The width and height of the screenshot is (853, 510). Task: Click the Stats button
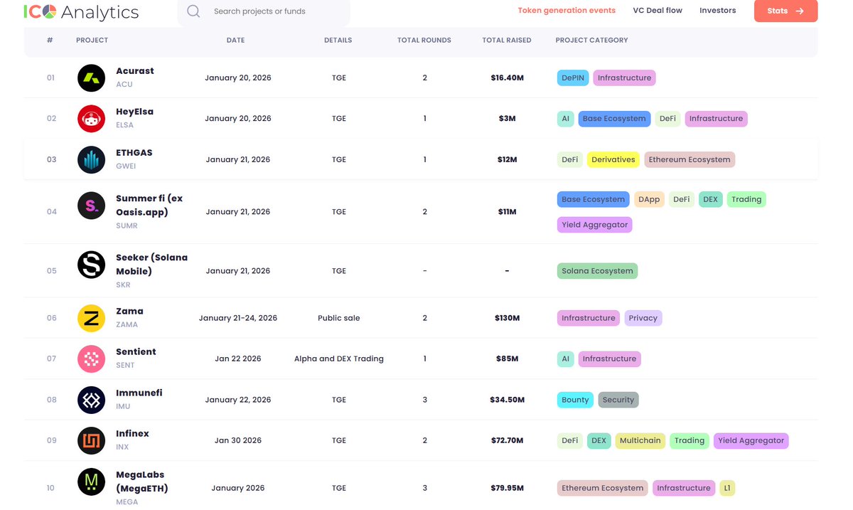click(x=785, y=11)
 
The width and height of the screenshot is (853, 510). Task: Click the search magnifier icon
click(x=193, y=11)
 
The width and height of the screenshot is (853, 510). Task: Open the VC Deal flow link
click(x=658, y=11)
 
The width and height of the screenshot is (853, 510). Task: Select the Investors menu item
click(x=717, y=11)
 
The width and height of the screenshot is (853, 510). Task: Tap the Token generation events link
click(x=567, y=11)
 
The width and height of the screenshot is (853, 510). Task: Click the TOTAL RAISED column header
click(x=506, y=40)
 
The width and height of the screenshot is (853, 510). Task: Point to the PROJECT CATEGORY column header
click(x=591, y=40)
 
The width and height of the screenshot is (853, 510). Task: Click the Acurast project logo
click(x=92, y=78)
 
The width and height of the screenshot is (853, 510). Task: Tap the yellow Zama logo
click(x=92, y=318)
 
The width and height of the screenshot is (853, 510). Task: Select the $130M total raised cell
click(x=507, y=318)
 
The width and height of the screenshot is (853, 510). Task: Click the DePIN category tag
click(x=573, y=78)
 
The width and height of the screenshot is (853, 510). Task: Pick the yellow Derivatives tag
click(x=613, y=159)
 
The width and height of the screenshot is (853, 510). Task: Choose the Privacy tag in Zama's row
click(x=643, y=318)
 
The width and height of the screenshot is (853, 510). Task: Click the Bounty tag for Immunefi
click(x=575, y=400)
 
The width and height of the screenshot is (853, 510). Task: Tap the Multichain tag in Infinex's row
click(x=640, y=440)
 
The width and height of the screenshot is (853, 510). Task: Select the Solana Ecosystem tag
click(x=597, y=270)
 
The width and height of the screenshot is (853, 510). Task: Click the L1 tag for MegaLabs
click(x=727, y=488)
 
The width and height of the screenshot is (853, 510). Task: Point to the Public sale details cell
click(x=338, y=318)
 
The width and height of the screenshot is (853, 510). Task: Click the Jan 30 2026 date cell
click(x=238, y=440)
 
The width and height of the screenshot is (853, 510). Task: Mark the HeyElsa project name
click(x=135, y=112)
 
